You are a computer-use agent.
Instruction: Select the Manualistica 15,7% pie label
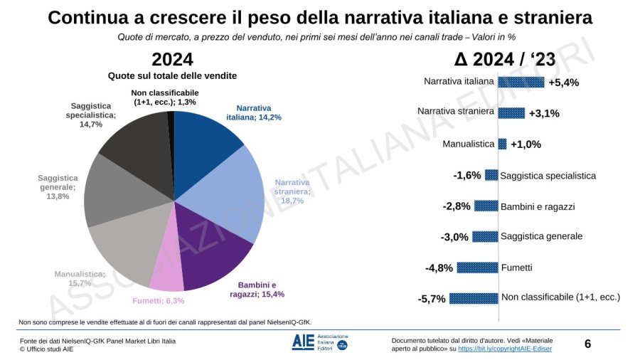coord(80,278)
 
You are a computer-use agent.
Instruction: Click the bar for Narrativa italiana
coord(521,82)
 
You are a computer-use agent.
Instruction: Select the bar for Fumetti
coord(478,268)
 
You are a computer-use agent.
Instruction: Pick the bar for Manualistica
coord(502,144)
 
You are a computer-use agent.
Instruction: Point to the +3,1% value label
coord(544,113)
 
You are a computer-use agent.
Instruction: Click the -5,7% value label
coord(432,299)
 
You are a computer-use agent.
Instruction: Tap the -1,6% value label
coord(467,175)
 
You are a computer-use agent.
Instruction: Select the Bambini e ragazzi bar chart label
coord(538,206)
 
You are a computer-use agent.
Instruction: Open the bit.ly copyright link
coord(504,349)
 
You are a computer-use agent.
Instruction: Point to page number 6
coord(587,344)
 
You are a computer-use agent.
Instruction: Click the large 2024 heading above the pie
coord(172,59)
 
